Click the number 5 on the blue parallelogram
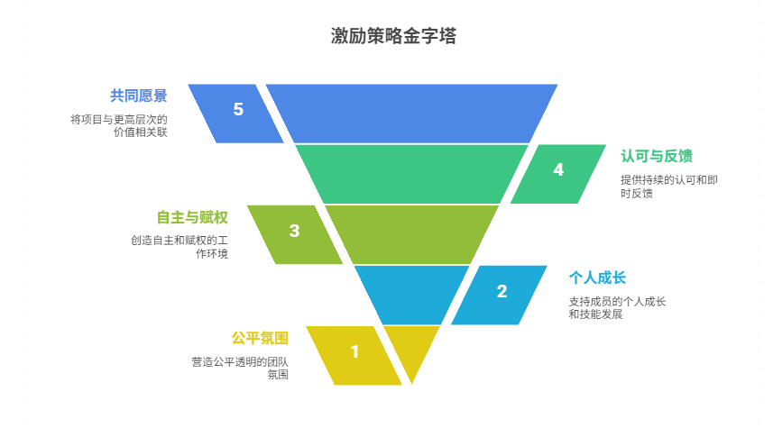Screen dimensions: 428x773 (x=238, y=110)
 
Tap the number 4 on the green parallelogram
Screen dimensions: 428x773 (x=558, y=169)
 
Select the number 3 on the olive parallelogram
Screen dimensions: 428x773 (x=294, y=231)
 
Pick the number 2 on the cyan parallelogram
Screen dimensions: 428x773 (x=502, y=291)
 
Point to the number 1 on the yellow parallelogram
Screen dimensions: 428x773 (x=354, y=352)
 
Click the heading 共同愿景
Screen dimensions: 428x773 (x=139, y=95)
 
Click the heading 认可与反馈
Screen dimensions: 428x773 (x=656, y=156)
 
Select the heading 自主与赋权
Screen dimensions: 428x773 (x=191, y=217)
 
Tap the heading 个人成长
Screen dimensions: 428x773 (x=597, y=278)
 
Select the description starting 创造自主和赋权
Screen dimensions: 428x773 (x=179, y=247)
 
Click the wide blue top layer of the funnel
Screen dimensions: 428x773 (x=411, y=113)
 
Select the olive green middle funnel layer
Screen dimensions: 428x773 (x=411, y=233)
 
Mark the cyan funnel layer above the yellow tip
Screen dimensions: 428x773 (x=411, y=294)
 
